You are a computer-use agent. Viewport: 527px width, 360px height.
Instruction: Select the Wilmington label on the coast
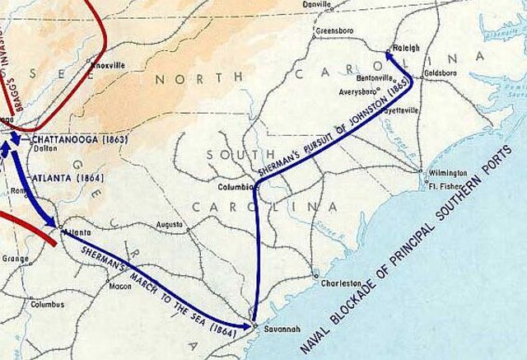pos(448,174)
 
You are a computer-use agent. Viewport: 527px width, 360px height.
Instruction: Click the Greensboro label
pos(334,32)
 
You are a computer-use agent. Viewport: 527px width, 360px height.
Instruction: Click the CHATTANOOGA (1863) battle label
pos(79,140)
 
